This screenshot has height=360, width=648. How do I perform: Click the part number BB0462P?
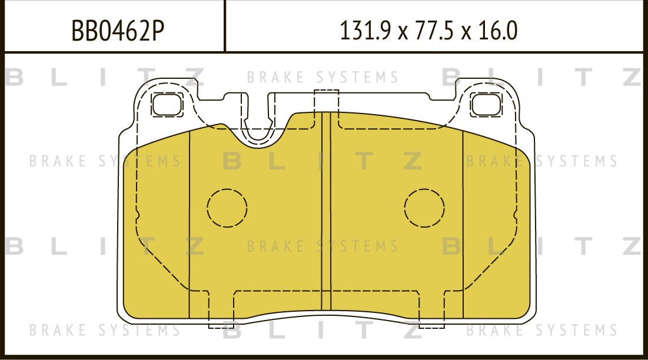tap(117, 30)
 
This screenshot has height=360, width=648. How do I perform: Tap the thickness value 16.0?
tap(497, 30)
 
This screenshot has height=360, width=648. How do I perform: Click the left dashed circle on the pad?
tap(227, 208)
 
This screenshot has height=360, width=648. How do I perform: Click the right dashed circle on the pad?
tap(424, 208)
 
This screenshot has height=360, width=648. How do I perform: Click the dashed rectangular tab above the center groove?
tap(327, 101)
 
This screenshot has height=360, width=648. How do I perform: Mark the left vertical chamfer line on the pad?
tap(190, 224)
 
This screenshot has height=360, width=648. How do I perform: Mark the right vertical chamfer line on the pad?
tap(463, 224)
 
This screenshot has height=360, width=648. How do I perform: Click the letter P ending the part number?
tap(155, 30)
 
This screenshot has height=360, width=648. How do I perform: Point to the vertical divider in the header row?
tap(225, 26)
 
